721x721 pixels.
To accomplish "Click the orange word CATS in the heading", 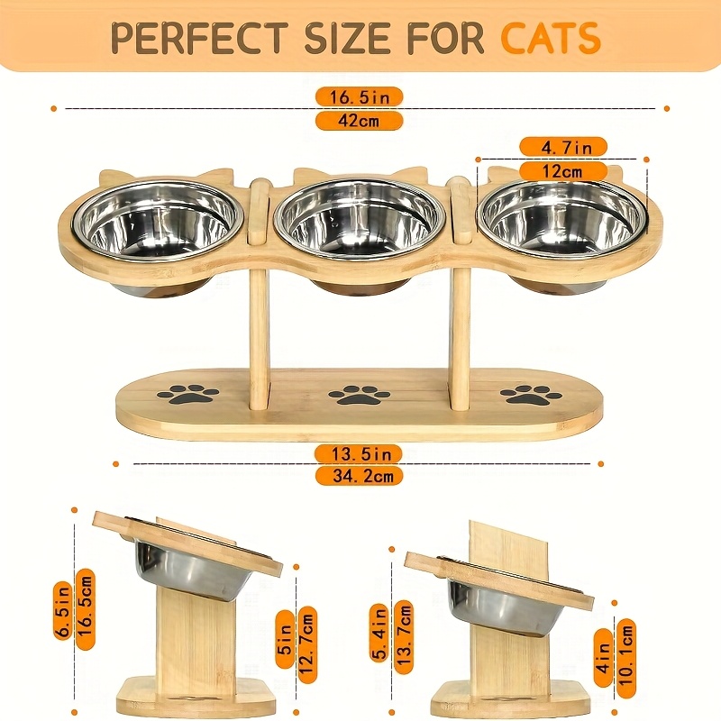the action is [551, 37].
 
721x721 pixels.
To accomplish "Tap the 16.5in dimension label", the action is [359, 97].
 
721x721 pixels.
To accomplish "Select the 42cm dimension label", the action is [359, 121].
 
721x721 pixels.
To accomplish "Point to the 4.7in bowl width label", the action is [563, 147].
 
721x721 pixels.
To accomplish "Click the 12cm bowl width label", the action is [563, 171].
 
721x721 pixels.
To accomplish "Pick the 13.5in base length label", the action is [359, 454].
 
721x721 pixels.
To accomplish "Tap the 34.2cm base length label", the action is [359, 476].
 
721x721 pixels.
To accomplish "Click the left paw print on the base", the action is [187, 395].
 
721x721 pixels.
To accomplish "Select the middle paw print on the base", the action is [360, 395].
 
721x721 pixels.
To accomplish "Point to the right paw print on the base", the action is [531, 395].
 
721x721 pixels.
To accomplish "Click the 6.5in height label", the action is [62, 610].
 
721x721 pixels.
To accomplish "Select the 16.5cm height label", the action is [86, 609].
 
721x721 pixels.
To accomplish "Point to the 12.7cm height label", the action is [307, 644].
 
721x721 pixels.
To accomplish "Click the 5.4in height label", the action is [379, 633].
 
